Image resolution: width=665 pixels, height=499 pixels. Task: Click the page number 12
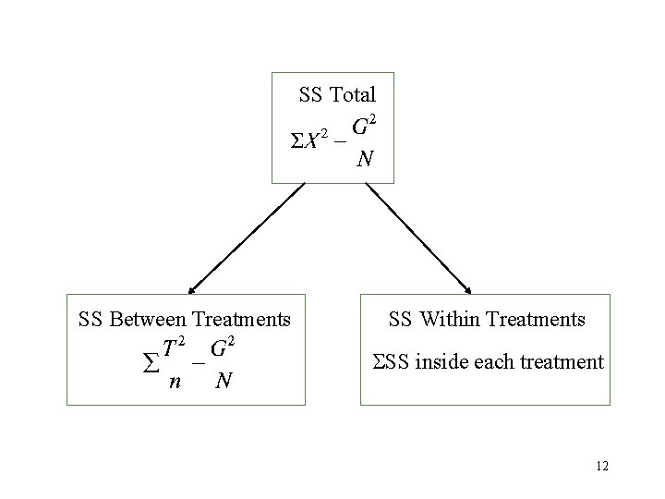(x=602, y=467)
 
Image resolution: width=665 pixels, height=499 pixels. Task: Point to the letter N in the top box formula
(x=365, y=159)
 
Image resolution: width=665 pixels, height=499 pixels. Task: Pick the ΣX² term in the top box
(x=310, y=140)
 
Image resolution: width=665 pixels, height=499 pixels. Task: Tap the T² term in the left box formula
(x=174, y=348)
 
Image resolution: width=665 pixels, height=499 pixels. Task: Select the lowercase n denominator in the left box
(x=174, y=381)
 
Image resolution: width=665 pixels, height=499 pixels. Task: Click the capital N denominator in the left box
(x=222, y=381)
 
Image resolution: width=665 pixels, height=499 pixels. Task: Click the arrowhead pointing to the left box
(x=189, y=290)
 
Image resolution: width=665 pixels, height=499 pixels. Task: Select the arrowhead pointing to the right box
(x=468, y=290)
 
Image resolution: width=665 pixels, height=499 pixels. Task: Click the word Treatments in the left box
(x=241, y=320)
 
